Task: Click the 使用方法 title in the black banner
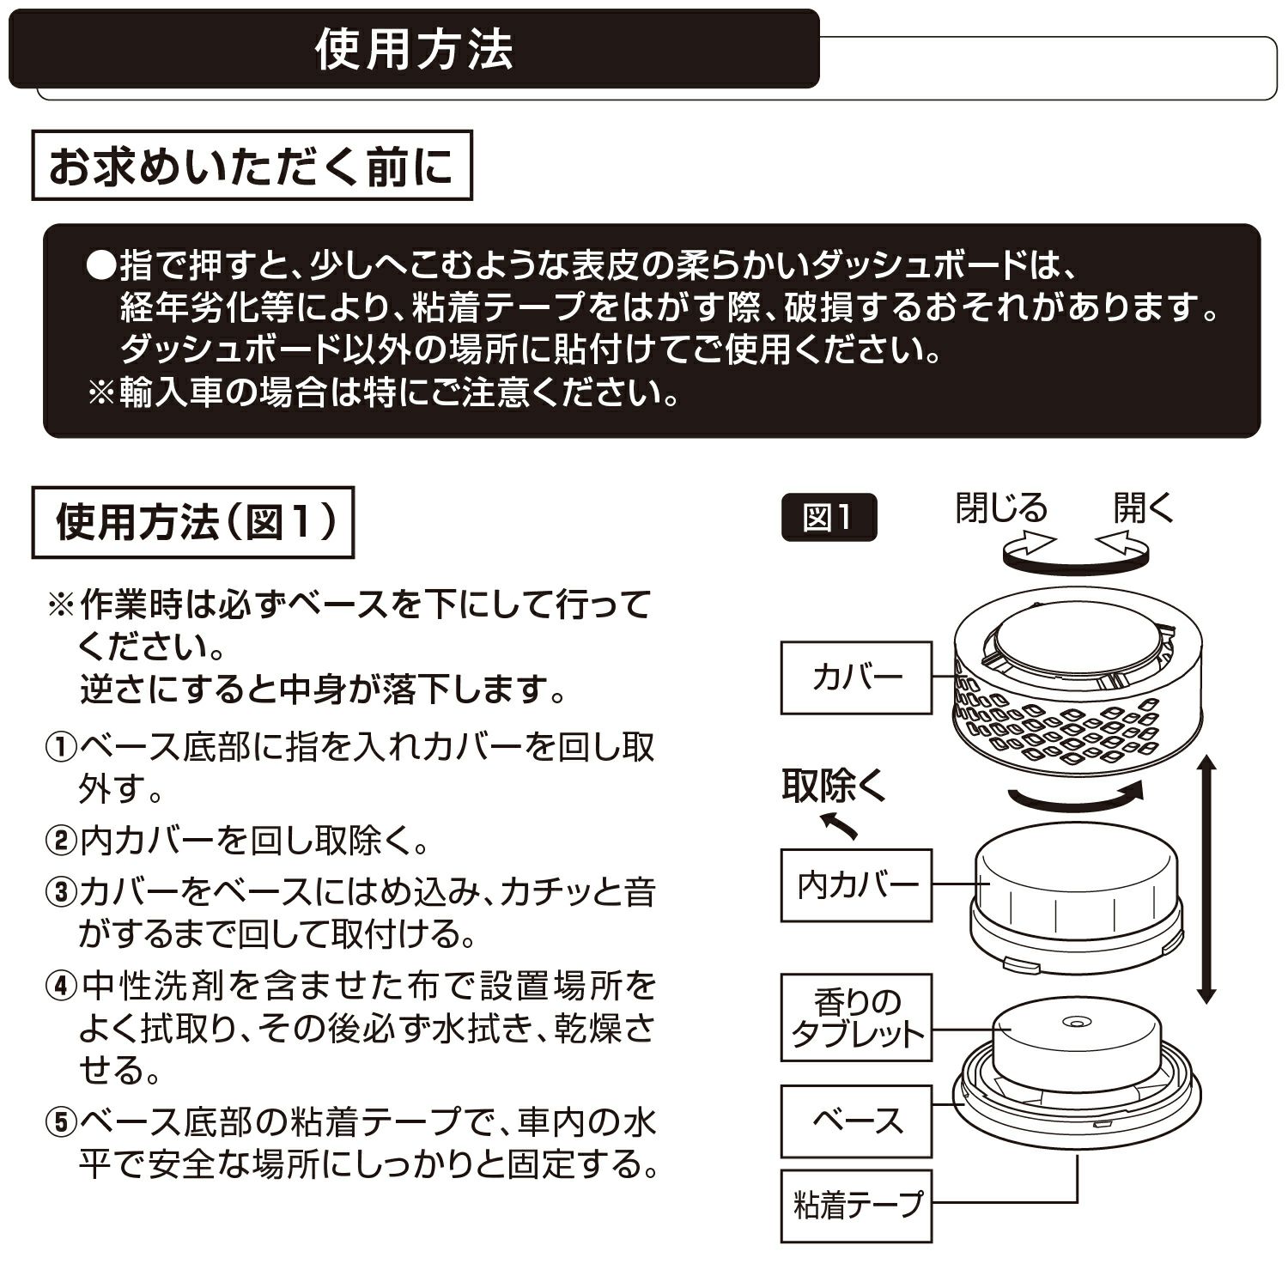414,49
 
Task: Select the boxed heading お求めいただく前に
252,166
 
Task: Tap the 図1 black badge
829,518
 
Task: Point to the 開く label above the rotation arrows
1143,507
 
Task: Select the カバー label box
856,677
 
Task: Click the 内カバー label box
856,885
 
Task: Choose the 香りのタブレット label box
856,1017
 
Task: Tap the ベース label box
856,1121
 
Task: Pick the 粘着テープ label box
856,1206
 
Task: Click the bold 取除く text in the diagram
833,785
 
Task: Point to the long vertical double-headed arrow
1206,879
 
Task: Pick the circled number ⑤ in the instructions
60,1122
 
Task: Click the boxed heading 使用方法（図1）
193,521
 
